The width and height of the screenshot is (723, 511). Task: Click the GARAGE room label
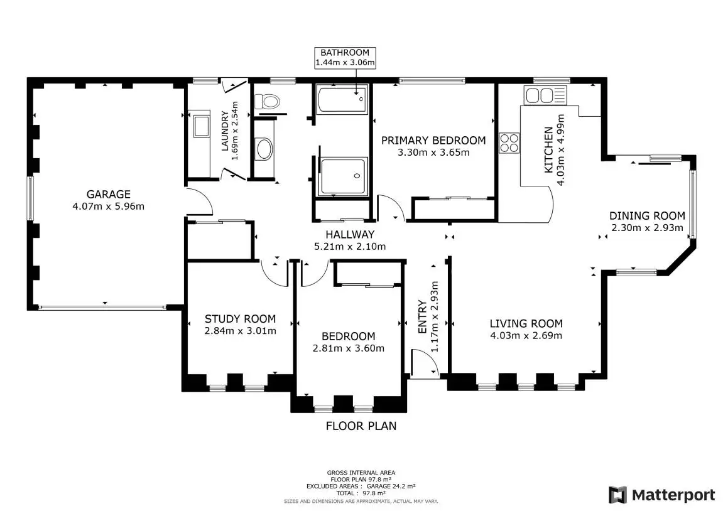109,195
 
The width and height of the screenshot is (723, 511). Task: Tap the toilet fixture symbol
268,101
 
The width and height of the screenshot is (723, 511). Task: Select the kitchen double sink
545,96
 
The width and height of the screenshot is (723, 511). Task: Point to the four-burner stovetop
509,143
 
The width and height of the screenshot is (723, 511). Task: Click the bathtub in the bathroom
342,99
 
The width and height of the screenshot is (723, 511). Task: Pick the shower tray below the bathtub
344,176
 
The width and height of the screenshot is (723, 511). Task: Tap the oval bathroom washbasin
264,149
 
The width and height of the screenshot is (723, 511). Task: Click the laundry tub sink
202,126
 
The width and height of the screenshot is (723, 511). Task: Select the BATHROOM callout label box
345,58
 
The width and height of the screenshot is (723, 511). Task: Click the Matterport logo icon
618,495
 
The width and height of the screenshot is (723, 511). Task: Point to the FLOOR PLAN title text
361,426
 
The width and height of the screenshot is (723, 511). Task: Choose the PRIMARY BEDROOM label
433,141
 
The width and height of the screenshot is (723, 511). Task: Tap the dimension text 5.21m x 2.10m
350,247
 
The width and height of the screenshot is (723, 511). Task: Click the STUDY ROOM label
240,319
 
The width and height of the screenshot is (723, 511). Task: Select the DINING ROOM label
648,216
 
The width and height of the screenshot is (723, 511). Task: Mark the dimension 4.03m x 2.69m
526,335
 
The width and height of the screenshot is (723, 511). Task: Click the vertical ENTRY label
422,317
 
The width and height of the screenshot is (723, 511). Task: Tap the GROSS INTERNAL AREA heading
361,472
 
